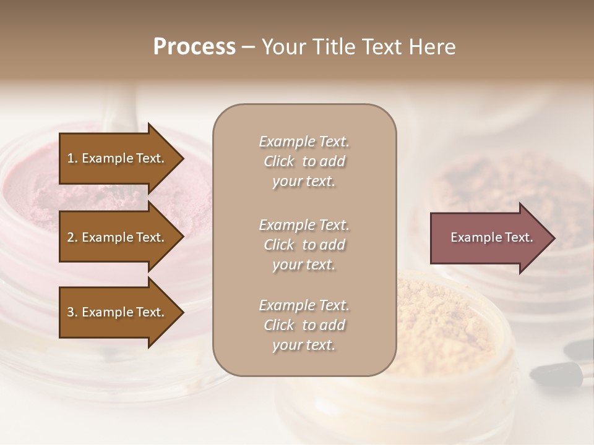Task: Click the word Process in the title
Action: (x=194, y=47)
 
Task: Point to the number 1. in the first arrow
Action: (x=72, y=158)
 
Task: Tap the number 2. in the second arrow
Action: (x=72, y=237)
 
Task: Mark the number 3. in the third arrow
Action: (x=72, y=312)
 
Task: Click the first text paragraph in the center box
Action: (x=304, y=161)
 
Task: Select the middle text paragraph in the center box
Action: (x=304, y=244)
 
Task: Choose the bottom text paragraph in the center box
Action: (x=304, y=325)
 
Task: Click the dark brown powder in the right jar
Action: (x=495, y=179)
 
